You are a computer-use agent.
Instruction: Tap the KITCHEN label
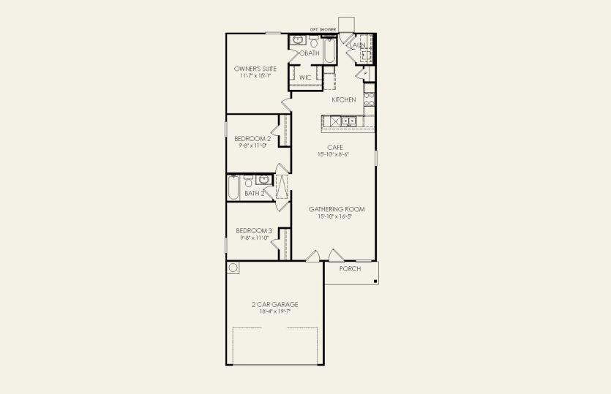pyautogui.click(x=344, y=99)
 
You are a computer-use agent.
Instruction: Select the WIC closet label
pyautogui.click(x=304, y=77)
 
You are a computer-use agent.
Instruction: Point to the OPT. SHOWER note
pyautogui.click(x=323, y=30)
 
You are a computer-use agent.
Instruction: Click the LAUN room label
pyautogui.click(x=358, y=45)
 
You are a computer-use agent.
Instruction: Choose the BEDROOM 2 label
pyautogui.click(x=252, y=138)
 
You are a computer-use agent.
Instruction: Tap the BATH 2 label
pyautogui.click(x=254, y=193)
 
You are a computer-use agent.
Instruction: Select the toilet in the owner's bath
pyautogui.click(x=312, y=40)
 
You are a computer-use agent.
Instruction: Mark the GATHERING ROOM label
pyautogui.click(x=336, y=209)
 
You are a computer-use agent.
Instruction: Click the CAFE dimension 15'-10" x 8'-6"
pyautogui.click(x=335, y=154)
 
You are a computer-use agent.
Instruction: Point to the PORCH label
pyautogui.click(x=351, y=268)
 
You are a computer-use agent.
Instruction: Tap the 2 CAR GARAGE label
pyautogui.click(x=274, y=304)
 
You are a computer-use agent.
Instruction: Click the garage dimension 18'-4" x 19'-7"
pyautogui.click(x=274, y=311)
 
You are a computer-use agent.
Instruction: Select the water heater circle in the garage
pyautogui.click(x=233, y=268)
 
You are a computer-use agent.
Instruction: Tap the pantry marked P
pyautogui.click(x=364, y=74)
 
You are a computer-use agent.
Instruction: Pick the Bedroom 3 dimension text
pyautogui.click(x=253, y=238)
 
